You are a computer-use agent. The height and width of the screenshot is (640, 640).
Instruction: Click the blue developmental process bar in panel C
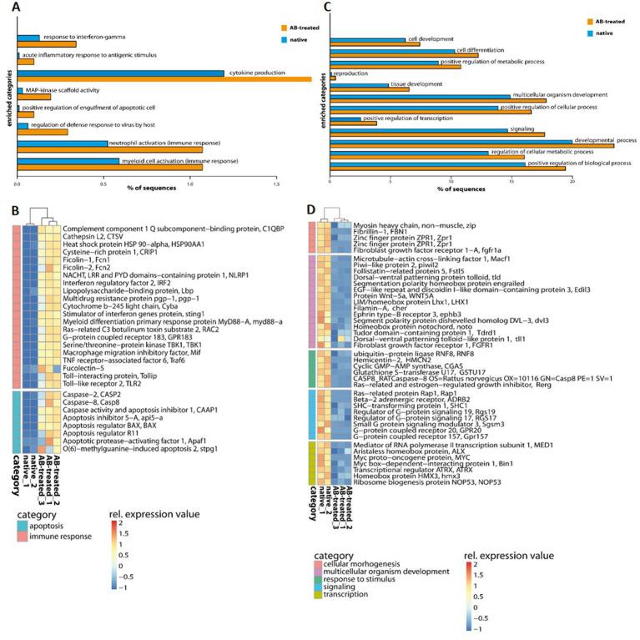point(451,141)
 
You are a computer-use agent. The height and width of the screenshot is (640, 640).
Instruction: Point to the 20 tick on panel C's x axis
point(572,180)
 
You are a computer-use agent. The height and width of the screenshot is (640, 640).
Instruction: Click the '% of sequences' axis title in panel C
point(451,189)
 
